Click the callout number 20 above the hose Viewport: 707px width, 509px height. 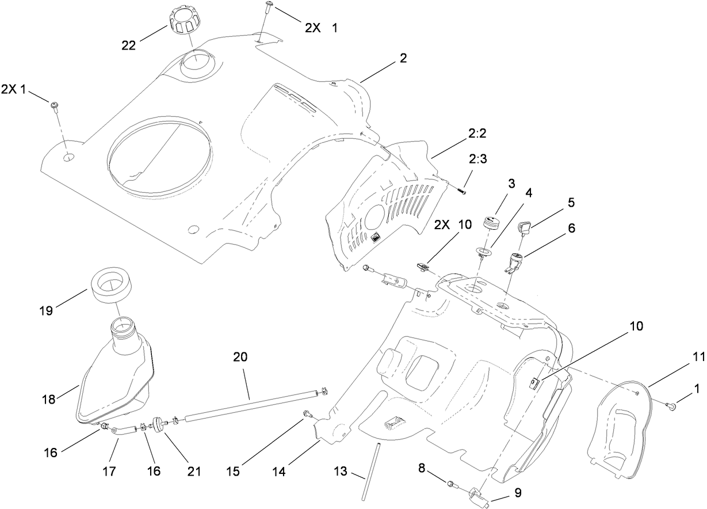pos(240,357)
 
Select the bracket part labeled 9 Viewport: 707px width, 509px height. pos(479,495)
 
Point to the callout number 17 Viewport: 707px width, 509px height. pos(109,471)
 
